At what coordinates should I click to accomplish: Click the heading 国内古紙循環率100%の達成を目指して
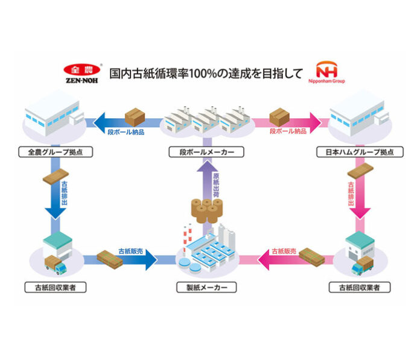click(x=205, y=74)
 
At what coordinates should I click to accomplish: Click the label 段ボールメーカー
click(x=207, y=152)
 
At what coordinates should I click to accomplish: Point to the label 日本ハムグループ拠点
click(x=360, y=152)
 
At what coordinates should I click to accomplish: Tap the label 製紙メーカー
click(x=207, y=288)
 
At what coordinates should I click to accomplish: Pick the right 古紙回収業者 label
click(x=360, y=288)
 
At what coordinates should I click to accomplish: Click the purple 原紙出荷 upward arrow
click(x=208, y=179)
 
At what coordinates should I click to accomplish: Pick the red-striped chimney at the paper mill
click(x=187, y=232)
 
